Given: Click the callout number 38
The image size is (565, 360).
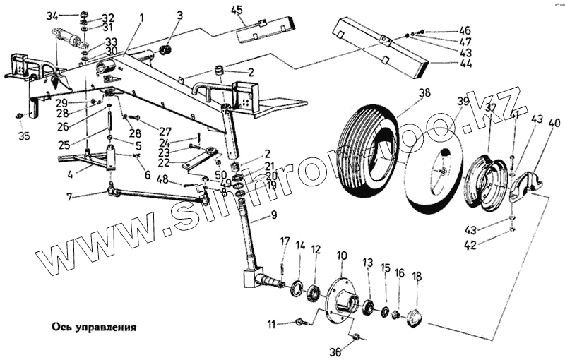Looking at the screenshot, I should [424, 92].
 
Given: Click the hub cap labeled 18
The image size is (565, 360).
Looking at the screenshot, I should [415, 320].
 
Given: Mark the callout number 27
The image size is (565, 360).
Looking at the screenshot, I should [165, 131].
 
